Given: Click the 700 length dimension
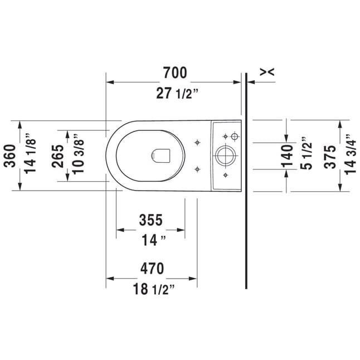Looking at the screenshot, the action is [175, 73].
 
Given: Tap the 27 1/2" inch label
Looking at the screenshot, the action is [177, 94].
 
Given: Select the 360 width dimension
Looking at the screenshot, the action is [10, 156].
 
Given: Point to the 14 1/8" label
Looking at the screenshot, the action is [30, 153].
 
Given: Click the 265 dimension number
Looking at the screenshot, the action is [57, 156].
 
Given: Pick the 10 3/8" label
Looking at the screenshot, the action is [78, 154].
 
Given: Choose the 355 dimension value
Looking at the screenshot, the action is [151, 220].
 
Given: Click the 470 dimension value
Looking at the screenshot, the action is [152, 269].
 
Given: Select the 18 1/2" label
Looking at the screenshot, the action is [154, 289].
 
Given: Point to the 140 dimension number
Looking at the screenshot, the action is [287, 155].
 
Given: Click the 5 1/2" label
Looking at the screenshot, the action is [307, 153].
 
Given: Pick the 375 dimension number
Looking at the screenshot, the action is [330, 157].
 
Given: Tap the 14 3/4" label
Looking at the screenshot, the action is [350, 154].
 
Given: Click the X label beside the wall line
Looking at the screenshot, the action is [267, 72].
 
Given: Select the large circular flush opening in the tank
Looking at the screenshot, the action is [226, 155].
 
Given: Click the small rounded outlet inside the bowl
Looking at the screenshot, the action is [160, 156].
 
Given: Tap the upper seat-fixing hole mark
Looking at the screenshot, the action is [197, 143].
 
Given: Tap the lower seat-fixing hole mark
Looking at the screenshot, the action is [197, 169].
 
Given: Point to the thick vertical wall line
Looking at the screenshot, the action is [246, 181].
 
